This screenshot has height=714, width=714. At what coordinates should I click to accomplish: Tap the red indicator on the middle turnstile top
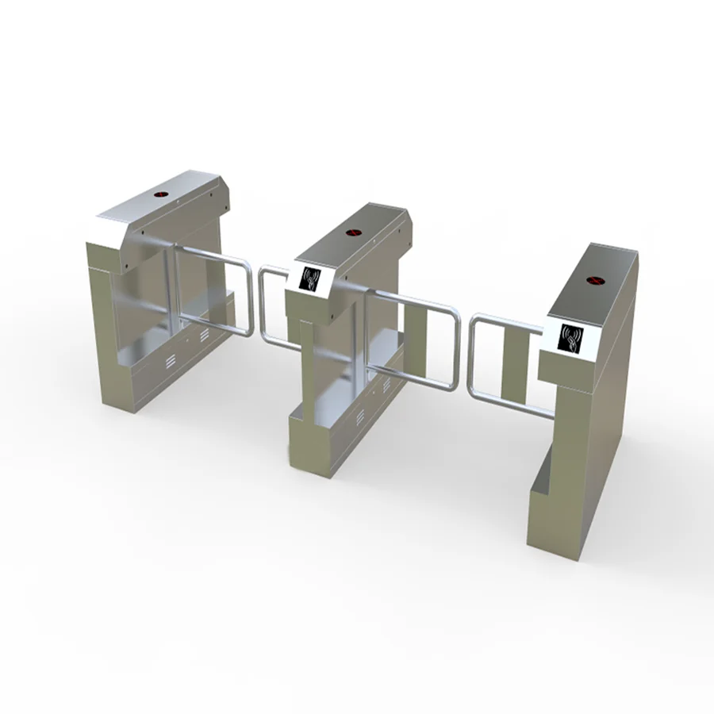pyautogui.click(x=353, y=233)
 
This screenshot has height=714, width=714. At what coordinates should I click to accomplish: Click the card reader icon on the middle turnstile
pyautogui.click(x=310, y=278)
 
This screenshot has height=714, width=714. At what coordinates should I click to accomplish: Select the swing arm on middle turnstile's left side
pyautogui.click(x=270, y=305)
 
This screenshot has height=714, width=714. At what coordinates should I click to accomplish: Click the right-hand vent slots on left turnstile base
pyautogui.click(x=205, y=336)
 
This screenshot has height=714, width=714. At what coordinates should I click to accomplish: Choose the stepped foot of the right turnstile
pyautogui.click(x=547, y=492)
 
